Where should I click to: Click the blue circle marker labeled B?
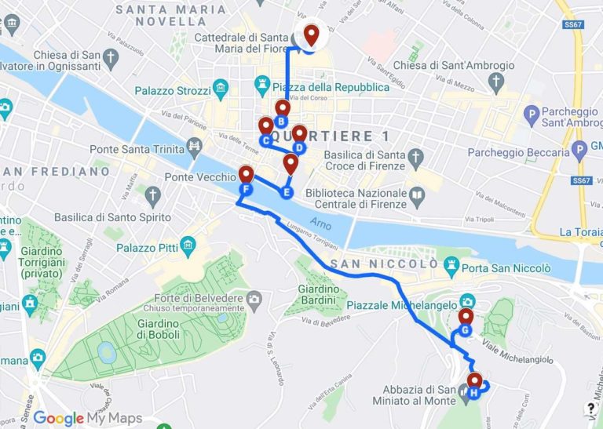click(280, 122)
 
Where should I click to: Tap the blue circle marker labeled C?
click(265, 141)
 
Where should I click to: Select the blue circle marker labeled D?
click(298, 147)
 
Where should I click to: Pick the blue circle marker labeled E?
click(286, 192)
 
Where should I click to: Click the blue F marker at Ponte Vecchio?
click(246, 190)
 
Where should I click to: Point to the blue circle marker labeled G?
click(465, 331)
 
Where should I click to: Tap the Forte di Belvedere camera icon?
click(254, 299)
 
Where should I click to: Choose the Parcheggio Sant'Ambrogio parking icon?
click(534, 117)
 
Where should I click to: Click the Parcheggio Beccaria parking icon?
click(579, 148)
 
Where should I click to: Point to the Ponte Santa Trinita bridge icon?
click(192, 147)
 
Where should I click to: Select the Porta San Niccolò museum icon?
click(451, 268)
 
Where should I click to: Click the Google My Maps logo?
click(87, 418)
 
